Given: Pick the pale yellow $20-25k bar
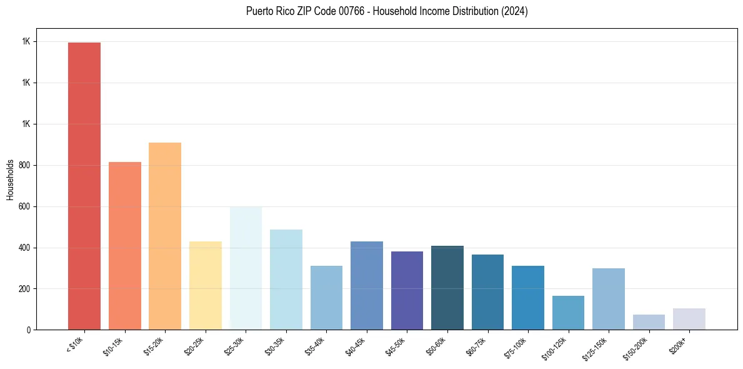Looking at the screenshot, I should [206, 285].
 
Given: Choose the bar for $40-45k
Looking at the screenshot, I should [367, 285].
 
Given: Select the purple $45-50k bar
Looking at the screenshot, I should [407, 290].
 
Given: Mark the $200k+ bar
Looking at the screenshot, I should [689, 319].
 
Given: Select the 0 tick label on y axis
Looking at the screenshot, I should [28, 330].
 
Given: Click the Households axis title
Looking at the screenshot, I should [10, 179].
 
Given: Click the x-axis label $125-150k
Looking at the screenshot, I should [596, 348].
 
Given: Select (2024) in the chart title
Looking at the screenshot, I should [514, 11].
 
